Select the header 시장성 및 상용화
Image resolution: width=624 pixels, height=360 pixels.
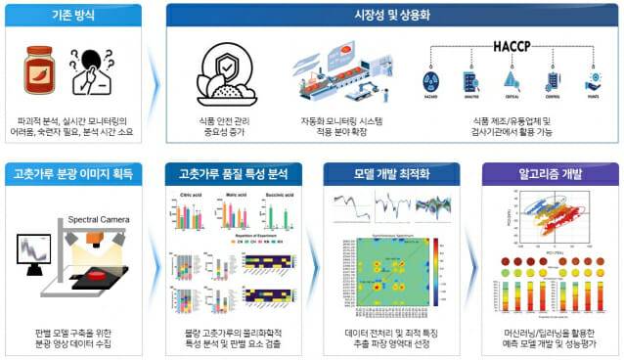pyautogui.click(x=390, y=16)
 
